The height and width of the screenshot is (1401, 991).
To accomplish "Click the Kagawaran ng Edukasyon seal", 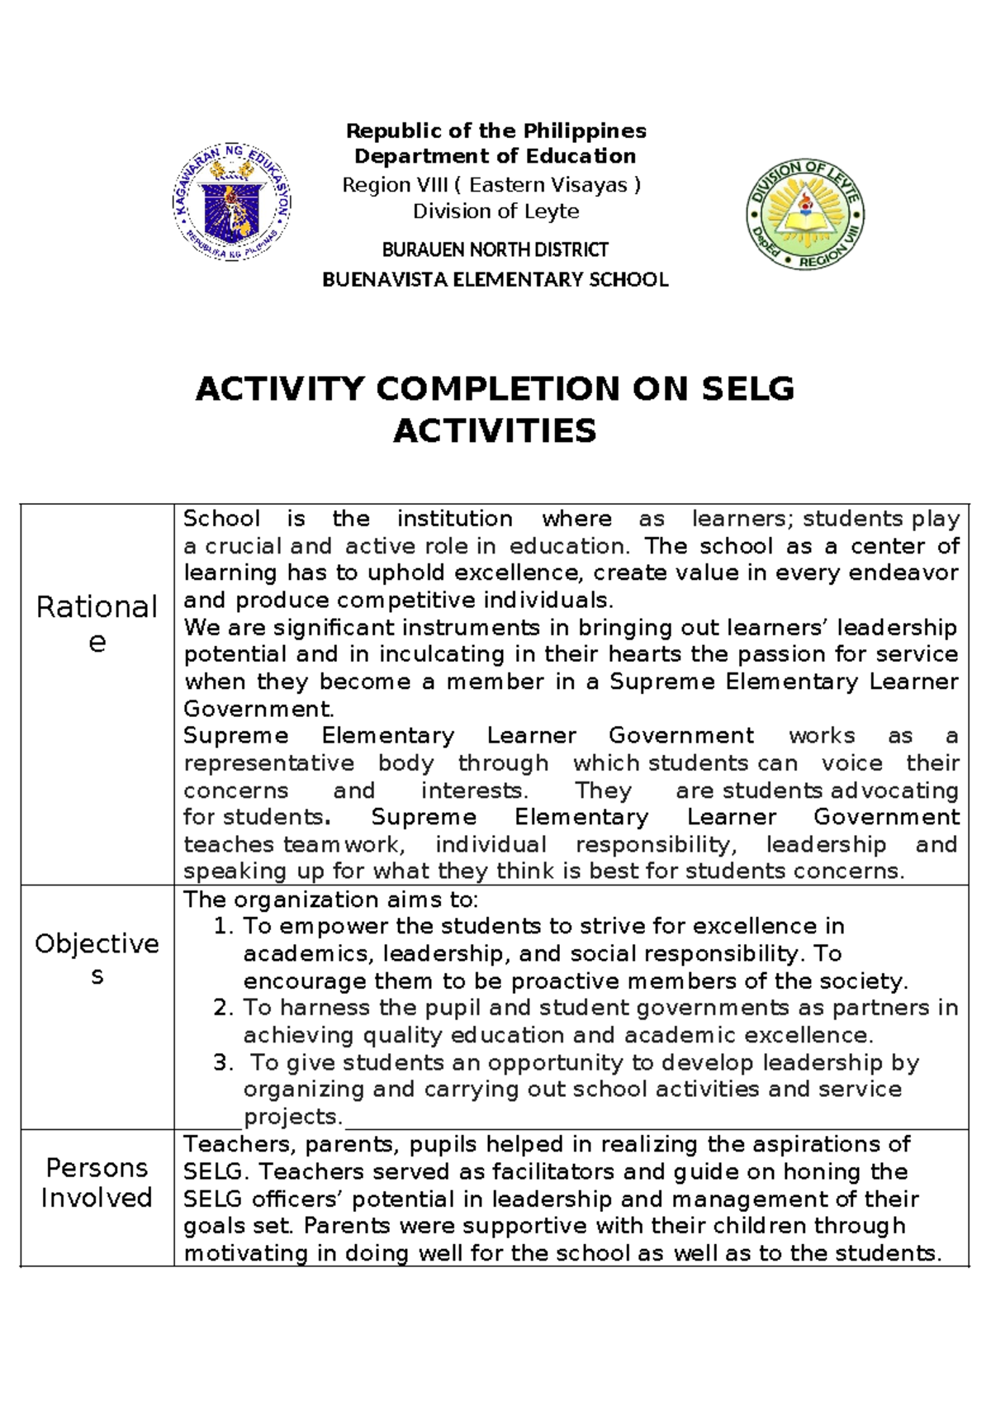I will pyautogui.click(x=232, y=202).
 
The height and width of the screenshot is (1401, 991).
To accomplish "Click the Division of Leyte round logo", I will pyautogui.click(x=804, y=214).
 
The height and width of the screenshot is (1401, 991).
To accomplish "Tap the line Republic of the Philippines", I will pyautogui.click(x=495, y=131).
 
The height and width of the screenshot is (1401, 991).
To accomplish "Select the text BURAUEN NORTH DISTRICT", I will pyautogui.click(x=495, y=249).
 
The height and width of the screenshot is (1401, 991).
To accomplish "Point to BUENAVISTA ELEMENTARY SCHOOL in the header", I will pyautogui.click(x=495, y=279).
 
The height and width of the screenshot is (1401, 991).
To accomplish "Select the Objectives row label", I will pyautogui.click(x=97, y=958).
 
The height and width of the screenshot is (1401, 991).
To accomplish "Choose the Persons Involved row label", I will pyautogui.click(x=97, y=1182).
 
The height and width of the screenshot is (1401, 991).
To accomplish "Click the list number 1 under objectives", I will pyautogui.click(x=222, y=926).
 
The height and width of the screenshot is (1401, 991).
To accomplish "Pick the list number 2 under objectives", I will pyautogui.click(x=222, y=1008).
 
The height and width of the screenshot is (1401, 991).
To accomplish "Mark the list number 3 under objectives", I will pyautogui.click(x=222, y=1062).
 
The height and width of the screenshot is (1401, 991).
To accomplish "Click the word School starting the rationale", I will pyautogui.click(x=221, y=519).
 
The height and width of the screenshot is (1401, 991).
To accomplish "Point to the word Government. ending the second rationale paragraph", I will pyautogui.click(x=258, y=709).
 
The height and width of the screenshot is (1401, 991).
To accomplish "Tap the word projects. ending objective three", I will pyautogui.click(x=292, y=1117).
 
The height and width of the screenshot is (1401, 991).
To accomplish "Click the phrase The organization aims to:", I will pyautogui.click(x=330, y=899).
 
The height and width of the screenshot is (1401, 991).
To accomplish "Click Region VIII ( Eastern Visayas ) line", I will pyautogui.click(x=491, y=185).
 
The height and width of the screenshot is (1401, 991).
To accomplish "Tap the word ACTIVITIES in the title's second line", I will pyautogui.click(x=495, y=430).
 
